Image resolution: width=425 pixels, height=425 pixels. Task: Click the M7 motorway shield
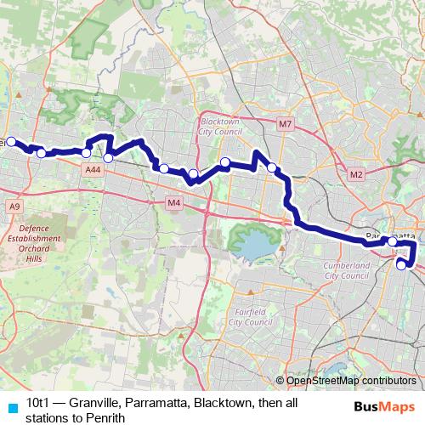pos(285,125)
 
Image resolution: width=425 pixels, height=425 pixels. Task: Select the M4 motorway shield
pos(173,202)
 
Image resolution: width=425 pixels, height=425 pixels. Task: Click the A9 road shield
pos(14,206)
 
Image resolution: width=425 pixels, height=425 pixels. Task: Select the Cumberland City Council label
pos(348,271)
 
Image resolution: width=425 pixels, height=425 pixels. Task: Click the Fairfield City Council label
pos(252,317)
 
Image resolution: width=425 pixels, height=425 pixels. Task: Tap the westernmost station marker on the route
pos(11,142)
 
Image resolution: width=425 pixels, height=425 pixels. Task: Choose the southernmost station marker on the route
pos(402,265)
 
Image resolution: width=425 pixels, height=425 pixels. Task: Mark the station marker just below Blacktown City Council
pos(225,162)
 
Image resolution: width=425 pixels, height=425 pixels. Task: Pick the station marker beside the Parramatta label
pos(392,242)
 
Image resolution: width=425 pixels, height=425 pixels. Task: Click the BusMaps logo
pos(383,405)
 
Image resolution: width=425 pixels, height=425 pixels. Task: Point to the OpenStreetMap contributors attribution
pos(348,382)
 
